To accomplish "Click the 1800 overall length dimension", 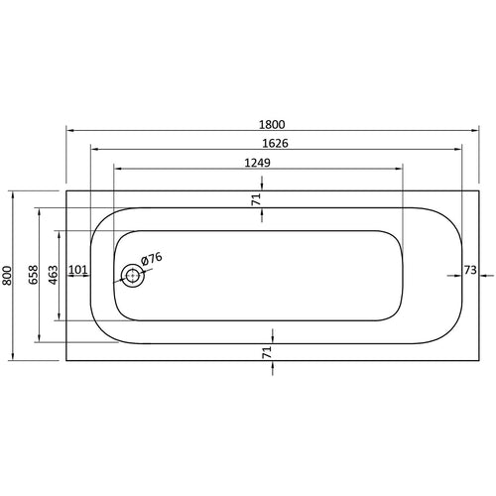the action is coord(272,125).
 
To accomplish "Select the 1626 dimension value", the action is coord(275,144).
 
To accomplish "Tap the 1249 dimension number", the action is coord(257,163).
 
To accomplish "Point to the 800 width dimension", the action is coord(7,275).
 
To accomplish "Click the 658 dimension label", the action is coord(34,275).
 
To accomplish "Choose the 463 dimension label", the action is coord(54,275).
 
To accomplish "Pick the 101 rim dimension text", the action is coord(78,270).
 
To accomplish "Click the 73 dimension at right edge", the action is coord(470,270).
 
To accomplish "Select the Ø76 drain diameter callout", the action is coord(152,258).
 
